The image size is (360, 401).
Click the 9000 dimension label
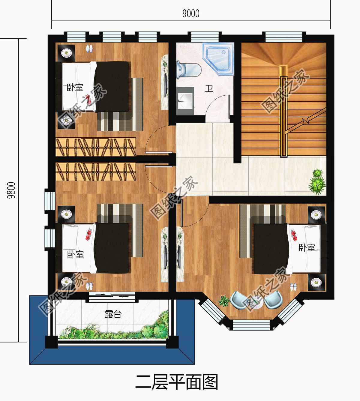pyautogui.click(x=191, y=14)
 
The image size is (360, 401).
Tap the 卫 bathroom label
pyautogui.click(x=209, y=88)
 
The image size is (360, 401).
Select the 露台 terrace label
pyautogui.click(x=113, y=314)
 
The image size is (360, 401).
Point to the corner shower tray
pyautogui.click(x=218, y=59)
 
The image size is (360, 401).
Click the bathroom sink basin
pyautogui.click(x=185, y=101)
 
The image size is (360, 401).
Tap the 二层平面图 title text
pyautogui.click(x=177, y=382)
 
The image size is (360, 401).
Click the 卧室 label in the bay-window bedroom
pyautogui.click(x=307, y=248)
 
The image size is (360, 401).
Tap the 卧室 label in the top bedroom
pyautogui.click(x=75, y=88)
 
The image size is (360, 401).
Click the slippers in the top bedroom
pyautogui.click(x=89, y=49)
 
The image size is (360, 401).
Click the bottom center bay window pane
pyautogui.click(x=251, y=326)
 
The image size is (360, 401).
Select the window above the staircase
pyautogui.click(x=284, y=37)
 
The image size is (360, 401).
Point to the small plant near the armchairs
pyautogui.click(x=224, y=301)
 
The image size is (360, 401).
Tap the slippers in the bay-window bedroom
pyautogui.click(x=293, y=287)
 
